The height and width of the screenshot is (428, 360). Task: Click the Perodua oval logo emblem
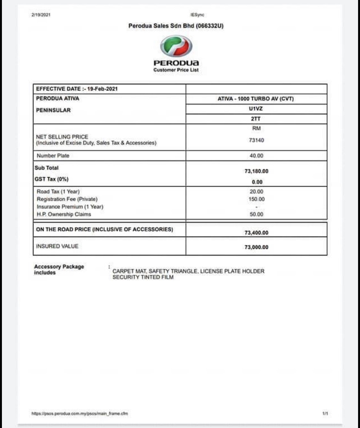tap(176, 46)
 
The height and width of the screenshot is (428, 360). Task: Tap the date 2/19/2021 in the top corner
tap(41, 15)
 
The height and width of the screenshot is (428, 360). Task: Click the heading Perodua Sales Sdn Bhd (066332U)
tap(176, 26)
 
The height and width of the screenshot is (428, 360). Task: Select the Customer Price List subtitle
tap(176, 70)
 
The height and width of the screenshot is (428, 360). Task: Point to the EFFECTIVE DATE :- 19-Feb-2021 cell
tap(77, 89)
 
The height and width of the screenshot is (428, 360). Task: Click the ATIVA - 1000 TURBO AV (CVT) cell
tap(256, 99)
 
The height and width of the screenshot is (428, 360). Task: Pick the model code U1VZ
tap(256, 109)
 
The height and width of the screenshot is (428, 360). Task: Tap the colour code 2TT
tap(256, 119)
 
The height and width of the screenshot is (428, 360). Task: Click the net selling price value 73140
tap(256, 140)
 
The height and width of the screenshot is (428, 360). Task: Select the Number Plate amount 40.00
tap(256, 156)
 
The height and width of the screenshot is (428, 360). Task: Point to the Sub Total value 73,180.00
tap(256, 171)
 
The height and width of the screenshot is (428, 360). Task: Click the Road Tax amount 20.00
tap(256, 191)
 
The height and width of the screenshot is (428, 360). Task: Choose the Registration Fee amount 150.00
tap(256, 199)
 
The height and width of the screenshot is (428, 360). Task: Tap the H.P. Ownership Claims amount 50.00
tap(256, 214)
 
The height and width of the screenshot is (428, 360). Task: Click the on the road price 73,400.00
tap(256, 233)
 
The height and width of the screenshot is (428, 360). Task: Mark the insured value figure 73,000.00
tap(256, 247)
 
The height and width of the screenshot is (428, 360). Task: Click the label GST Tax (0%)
tap(52, 179)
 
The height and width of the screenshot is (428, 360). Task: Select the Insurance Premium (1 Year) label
tap(70, 206)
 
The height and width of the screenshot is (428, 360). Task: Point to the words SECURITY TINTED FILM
tap(143, 277)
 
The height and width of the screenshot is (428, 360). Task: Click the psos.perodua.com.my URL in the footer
tap(80, 413)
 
